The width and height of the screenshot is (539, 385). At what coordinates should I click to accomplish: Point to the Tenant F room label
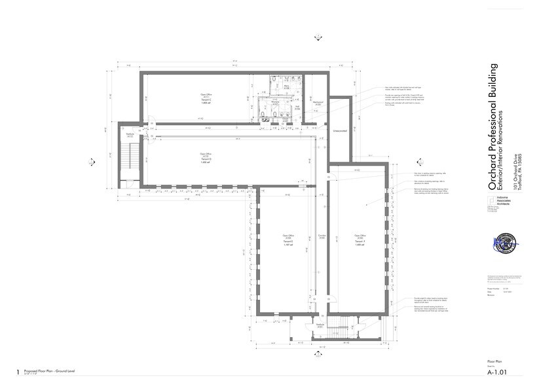(x=360, y=239)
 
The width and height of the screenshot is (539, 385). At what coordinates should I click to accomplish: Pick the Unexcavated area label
(x=340, y=130)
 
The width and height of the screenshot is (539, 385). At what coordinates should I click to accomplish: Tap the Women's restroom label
(x=276, y=103)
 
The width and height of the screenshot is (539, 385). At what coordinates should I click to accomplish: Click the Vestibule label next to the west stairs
(x=131, y=136)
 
